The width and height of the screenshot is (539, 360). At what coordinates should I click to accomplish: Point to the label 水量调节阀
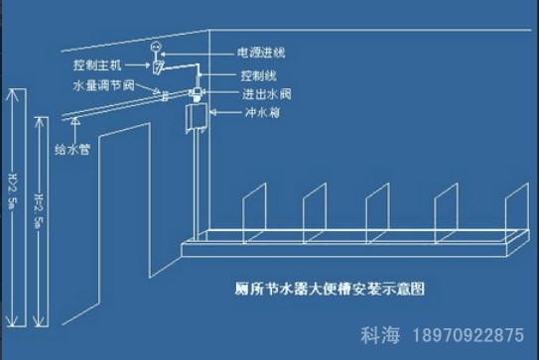(x=98, y=86)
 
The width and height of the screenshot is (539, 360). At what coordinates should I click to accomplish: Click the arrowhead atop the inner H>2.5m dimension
(x=40, y=121)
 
